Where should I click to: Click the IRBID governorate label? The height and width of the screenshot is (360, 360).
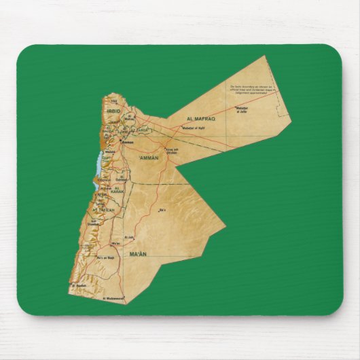click(113, 110)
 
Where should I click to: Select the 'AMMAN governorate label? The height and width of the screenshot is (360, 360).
click(148, 158)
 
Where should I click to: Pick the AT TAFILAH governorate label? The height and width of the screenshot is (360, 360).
click(103, 211)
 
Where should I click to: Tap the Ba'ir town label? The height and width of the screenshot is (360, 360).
click(162, 210)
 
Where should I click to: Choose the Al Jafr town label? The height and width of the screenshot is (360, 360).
click(132, 237)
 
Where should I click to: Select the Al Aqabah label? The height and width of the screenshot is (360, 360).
click(79, 285)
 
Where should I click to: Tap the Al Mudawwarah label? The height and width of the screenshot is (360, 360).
click(113, 298)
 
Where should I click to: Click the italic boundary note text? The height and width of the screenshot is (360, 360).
click(251, 91)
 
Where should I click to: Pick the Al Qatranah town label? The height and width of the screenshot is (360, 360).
click(122, 179)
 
